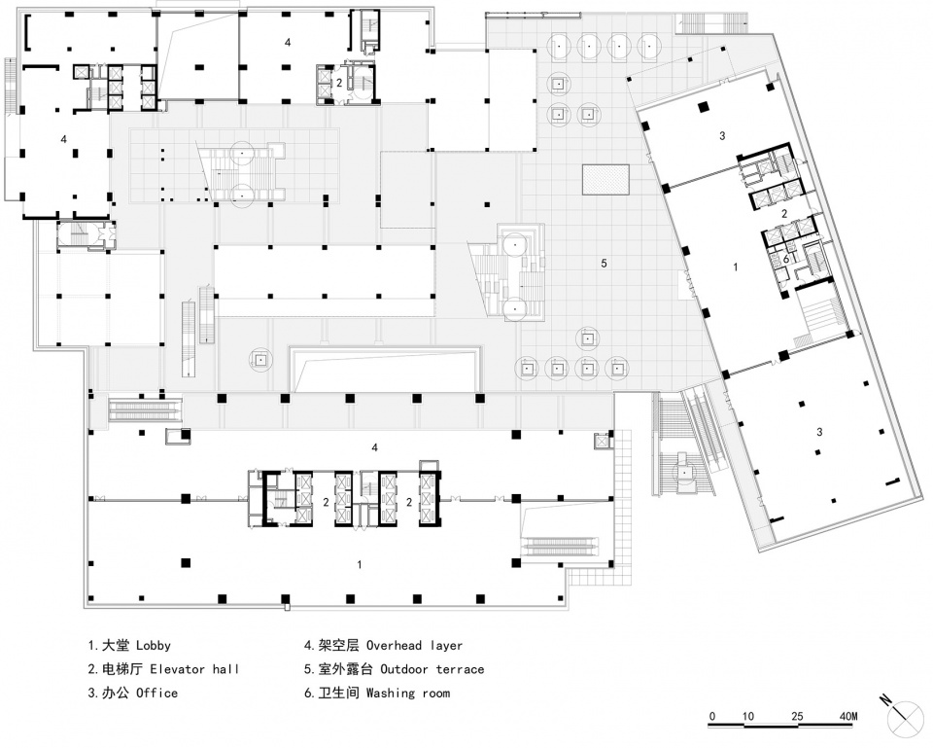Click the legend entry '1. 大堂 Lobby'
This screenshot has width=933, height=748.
coord(129,645)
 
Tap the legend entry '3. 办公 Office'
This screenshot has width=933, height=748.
coord(133,693)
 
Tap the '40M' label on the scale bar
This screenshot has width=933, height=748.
coord(847,715)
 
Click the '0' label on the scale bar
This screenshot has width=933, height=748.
coord(712,715)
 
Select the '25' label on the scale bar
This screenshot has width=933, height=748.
coord(797,715)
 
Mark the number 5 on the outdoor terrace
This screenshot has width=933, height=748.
coord(604,263)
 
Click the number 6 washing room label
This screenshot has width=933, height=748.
coord(785,259)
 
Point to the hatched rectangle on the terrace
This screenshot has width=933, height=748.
coord(605,179)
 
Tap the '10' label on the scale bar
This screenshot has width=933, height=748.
coord(748,715)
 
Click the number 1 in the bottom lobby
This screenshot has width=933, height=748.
coord(359,564)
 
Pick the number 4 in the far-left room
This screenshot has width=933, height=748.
coord(64,139)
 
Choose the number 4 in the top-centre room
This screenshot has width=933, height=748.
coord(288,42)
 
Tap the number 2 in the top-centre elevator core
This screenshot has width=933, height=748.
coord(339,83)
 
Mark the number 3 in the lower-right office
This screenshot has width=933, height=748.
coord(819,431)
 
